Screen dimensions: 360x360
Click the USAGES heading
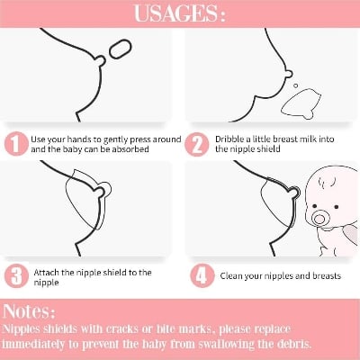coord(179,13)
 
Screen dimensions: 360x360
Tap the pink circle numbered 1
coord(16,144)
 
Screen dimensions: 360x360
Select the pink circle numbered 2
coord(197,145)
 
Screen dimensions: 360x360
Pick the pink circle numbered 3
coord(16,276)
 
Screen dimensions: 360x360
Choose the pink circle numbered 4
coord(202,275)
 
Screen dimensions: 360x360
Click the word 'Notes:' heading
coord(29,311)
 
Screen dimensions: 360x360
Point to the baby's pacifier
coord(320,218)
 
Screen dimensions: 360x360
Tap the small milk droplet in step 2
coord(296,85)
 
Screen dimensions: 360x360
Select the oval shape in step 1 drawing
coord(121,49)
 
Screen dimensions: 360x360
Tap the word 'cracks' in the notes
coord(122,329)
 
